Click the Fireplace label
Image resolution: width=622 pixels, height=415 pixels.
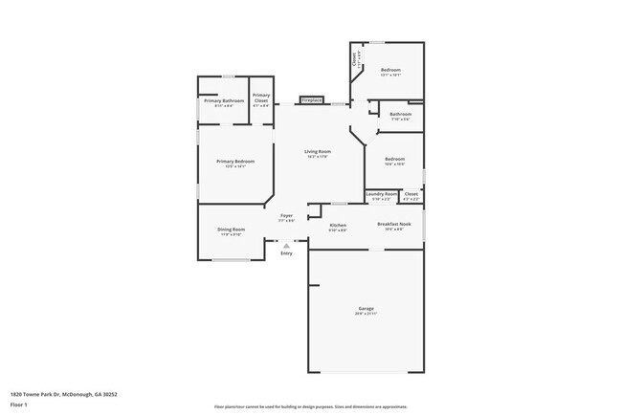pyautogui.click(x=311, y=99)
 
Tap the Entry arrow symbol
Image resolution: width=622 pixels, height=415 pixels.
pyautogui.click(x=285, y=246)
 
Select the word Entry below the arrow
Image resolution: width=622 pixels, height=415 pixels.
pyautogui.click(x=286, y=253)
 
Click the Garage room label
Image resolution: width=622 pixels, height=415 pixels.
pyautogui.click(x=366, y=308)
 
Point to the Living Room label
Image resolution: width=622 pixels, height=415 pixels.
pyautogui.click(x=318, y=152)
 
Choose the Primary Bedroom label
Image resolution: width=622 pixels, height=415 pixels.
pyautogui.click(x=235, y=161)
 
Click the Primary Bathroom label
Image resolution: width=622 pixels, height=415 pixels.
pyautogui.click(x=223, y=99)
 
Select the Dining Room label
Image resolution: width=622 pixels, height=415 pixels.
pyautogui.click(x=232, y=229)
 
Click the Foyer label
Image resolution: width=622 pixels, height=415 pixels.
pyautogui.click(x=286, y=215)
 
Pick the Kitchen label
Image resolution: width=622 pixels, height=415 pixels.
pyautogui.click(x=338, y=226)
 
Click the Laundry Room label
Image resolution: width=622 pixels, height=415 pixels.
pyautogui.click(x=383, y=193)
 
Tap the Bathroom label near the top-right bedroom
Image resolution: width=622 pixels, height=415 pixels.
pyautogui.click(x=400, y=115)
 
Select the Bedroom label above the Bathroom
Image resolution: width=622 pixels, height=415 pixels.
pyautogui.click(x=391, y=70)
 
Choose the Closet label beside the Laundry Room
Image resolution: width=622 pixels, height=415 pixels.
pyautogui.click(x=411, y=193)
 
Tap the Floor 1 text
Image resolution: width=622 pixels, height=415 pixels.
pyautogui.click(x=18, y=404)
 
